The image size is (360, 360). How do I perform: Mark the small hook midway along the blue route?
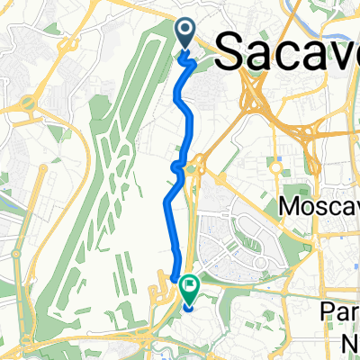tap(177, 165)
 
